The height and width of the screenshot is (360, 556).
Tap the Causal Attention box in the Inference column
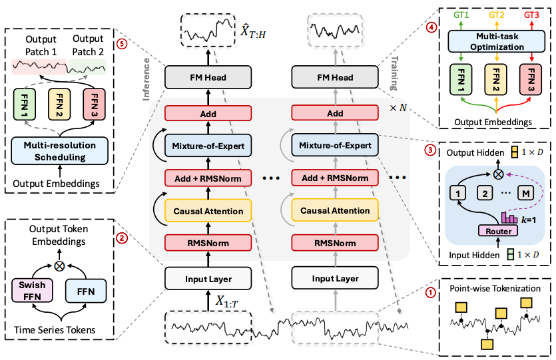(206, 210)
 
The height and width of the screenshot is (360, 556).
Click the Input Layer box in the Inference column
(206, 278)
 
